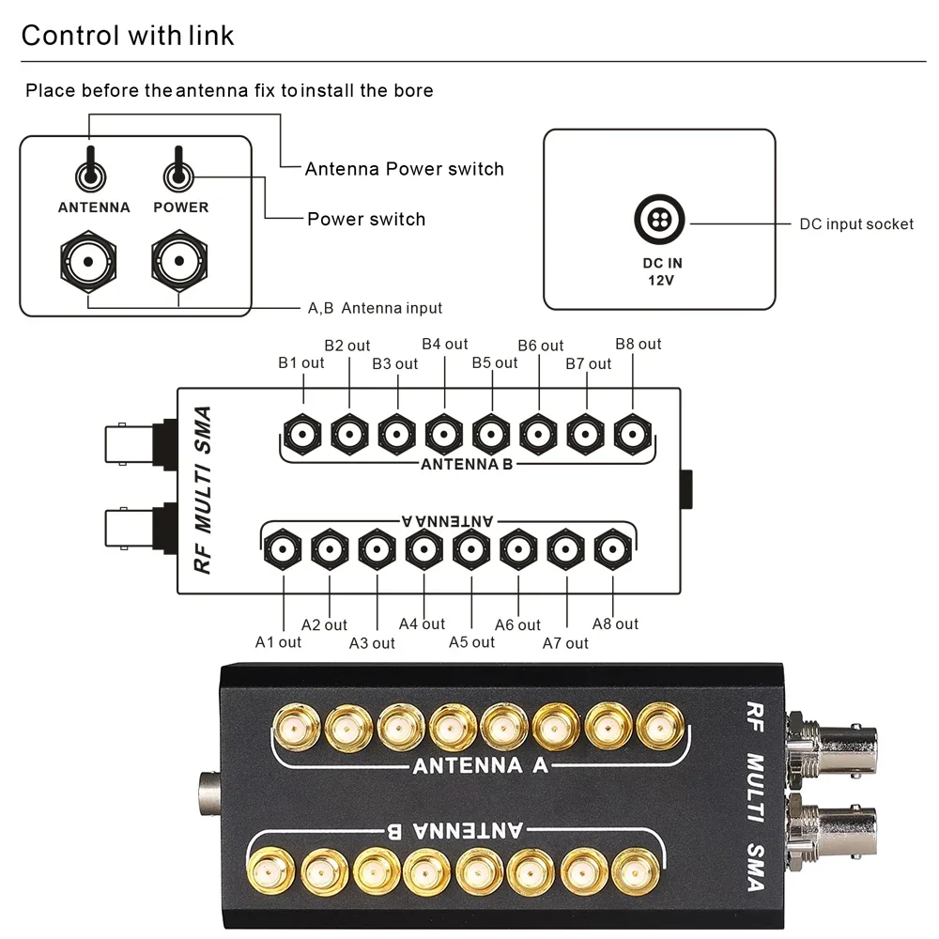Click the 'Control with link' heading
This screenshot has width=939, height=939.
(128, 36)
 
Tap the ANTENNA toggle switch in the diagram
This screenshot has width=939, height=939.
(91, 172)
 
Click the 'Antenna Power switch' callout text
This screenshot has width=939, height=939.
(404, 169)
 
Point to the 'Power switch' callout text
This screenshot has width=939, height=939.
(366, 219)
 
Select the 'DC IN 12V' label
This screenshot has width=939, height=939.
(662, 271)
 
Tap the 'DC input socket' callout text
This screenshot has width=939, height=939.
(856, 223)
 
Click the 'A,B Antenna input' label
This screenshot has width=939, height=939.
(375, 308)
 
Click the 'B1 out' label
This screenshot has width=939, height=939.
(300, 362)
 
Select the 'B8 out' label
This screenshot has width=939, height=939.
(639, 344)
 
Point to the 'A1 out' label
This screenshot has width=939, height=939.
(279, 642)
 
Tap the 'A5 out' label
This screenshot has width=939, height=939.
(471, 642)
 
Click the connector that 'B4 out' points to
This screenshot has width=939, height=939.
(443, 434)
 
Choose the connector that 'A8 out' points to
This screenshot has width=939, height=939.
(612, 548)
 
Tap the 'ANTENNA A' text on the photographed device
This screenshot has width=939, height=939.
(481, 765)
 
